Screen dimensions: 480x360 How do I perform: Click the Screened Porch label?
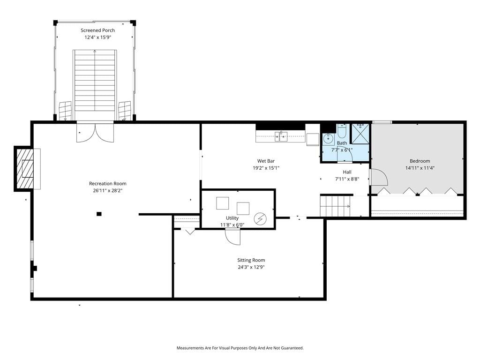coord(97,30)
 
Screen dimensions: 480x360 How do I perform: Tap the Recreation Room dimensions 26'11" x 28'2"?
coord(108,190)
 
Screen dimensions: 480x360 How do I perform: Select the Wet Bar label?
coord(266,161)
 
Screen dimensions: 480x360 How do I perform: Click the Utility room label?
coord(232,218)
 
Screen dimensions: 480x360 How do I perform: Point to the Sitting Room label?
coord(251,260)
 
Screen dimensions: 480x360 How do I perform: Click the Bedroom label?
coord(420,161)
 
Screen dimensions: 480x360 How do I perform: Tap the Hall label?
coord(347,172)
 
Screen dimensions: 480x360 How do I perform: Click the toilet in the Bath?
coord(342,131)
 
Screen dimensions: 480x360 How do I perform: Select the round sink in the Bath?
coord(328,139)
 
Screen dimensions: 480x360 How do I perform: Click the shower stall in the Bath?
coord(360,134)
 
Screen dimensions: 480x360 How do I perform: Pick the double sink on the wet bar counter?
coord(281,136)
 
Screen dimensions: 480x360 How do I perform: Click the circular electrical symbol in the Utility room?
coord(260,219)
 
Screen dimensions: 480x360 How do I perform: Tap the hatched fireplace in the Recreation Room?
coord(24,169)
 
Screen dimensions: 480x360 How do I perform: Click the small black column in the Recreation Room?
coord(99,214)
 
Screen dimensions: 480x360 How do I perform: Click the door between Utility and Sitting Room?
coord(232,237)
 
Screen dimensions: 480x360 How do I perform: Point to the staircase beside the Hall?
coord(336,206)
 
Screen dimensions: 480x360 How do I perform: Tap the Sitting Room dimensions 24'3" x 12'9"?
coord(251,267)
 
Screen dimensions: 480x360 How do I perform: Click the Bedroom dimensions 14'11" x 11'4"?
coord(420,168)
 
